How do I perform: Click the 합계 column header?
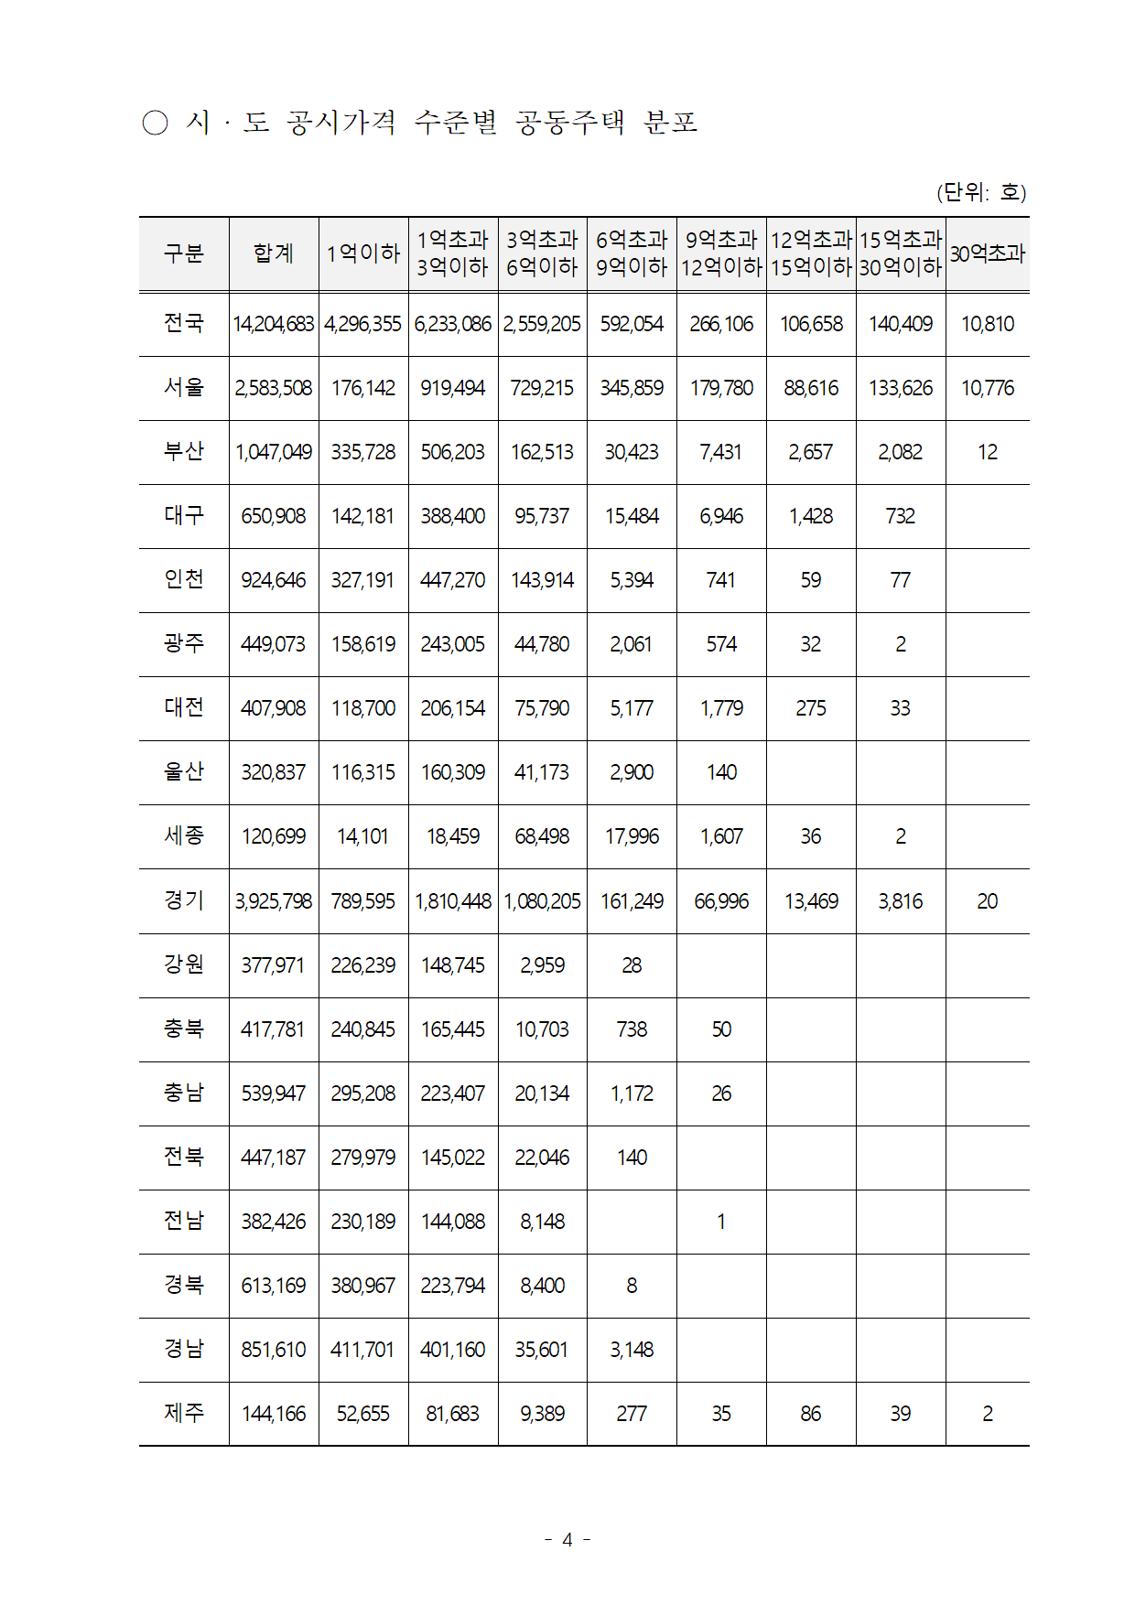pyautogui.click(x=274, y=253)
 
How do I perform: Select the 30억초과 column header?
pyautogui.click(x=987, y=253)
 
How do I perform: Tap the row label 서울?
pyautogui.click(x=183, y=387)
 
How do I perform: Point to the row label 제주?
pyautogui.click(x=183, y=1413)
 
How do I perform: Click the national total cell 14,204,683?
pyautogui.click(x=274, y=324)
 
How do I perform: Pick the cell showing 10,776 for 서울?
pyautogui.click(x=987, y=388)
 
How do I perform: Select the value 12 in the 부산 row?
pyautogui.click(x=987, y=452)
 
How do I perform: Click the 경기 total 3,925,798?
pyautogui.click(x=274, y=901)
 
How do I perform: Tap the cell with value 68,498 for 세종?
pyautogui.click(x=542, y=836)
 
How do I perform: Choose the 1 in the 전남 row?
pyautogui.click(x=721, y=1222)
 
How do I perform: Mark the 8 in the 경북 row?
pyautogui.click(x=632, y=1286)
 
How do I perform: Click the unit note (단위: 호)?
pyautogui.click(x=981, y=192)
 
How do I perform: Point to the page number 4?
pyautogui.click(x=567, y=1540)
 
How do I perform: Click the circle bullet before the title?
pyautogui.click(x=156, y=123)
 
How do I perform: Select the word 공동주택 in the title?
pyautogui.click(x=570, y=122)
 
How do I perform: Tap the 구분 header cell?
pyautogui.click(x=183, y=253)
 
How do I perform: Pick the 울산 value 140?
pyautogui.click(x=721, y=772)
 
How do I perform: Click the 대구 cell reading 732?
pyautogui.click(x=900, y=516)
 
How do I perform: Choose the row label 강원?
pyautogui.click(x=183, y=964)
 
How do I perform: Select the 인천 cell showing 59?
pyautogui.click(x=810, y=580)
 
